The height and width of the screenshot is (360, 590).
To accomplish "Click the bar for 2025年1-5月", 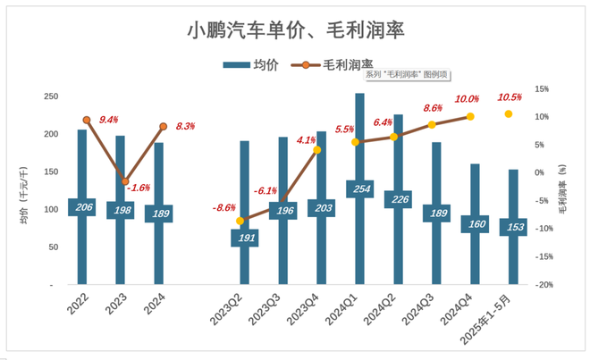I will click(x=513, y=205).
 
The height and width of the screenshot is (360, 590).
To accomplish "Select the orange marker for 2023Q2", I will click(x=240, y=221).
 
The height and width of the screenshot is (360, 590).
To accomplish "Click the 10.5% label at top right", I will click(x=509, y=97).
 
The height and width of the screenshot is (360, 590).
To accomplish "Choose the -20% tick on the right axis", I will click(x=542, y=285).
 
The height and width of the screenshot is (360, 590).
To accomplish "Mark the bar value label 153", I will click(x=513, y=226).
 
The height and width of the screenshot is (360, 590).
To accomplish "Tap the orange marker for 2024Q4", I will click(x=470, y=117).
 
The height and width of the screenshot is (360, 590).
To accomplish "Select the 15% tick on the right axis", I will click(x=542, y=88).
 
